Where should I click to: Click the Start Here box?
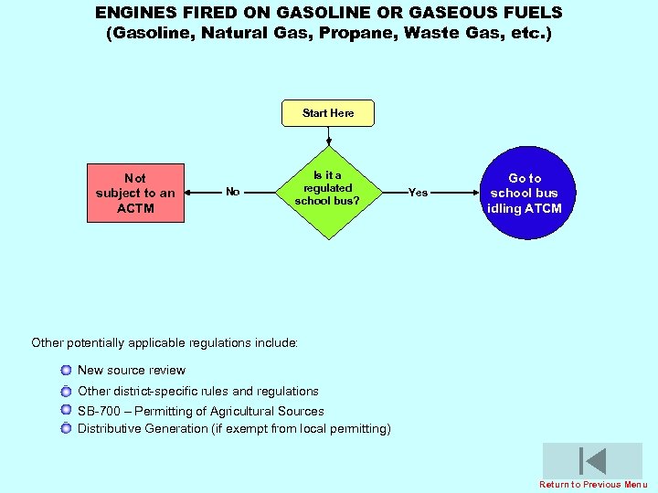328,113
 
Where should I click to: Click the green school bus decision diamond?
327,192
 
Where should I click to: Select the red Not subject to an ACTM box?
135,193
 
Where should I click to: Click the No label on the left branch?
233,192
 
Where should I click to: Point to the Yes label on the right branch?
418,193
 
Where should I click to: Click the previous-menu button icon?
592,461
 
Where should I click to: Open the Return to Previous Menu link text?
593,485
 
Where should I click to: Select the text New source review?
131,371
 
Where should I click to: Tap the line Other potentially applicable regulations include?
164,343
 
